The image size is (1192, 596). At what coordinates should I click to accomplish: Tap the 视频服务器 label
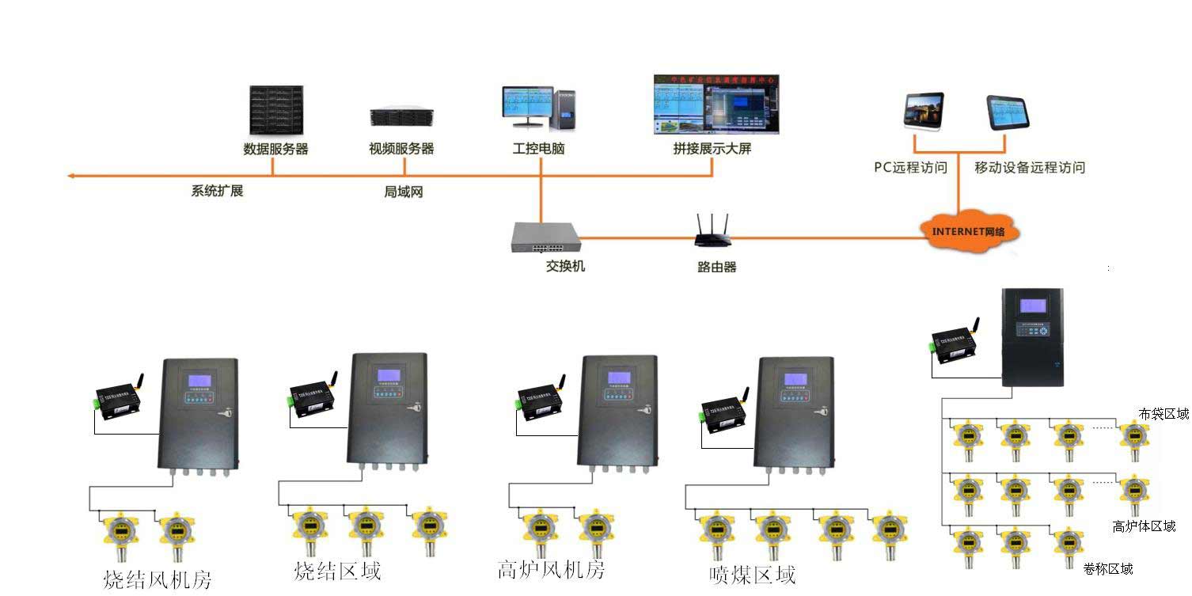coord(401,149)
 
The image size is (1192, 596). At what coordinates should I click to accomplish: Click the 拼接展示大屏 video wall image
coord(716,104)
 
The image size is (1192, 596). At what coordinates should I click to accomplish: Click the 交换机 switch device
coord(545,237)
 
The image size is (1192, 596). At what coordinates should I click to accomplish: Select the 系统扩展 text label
coord(217,191)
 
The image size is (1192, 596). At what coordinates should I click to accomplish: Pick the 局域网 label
coord(404,192)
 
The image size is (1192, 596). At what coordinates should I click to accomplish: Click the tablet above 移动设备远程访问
coord(1008,113)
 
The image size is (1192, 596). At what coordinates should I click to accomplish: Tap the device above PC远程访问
coord(924,110)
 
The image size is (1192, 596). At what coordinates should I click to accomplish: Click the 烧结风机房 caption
coord(158,579)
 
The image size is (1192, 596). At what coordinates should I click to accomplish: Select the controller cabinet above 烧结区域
coord(387,408)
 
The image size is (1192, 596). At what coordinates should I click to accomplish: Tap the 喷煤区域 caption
coord(752,575)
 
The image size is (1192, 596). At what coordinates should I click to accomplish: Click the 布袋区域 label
coord(1164,414)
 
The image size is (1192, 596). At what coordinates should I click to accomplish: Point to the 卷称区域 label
coord(1108,568)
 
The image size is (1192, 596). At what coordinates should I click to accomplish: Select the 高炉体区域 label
coord(1144,526)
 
